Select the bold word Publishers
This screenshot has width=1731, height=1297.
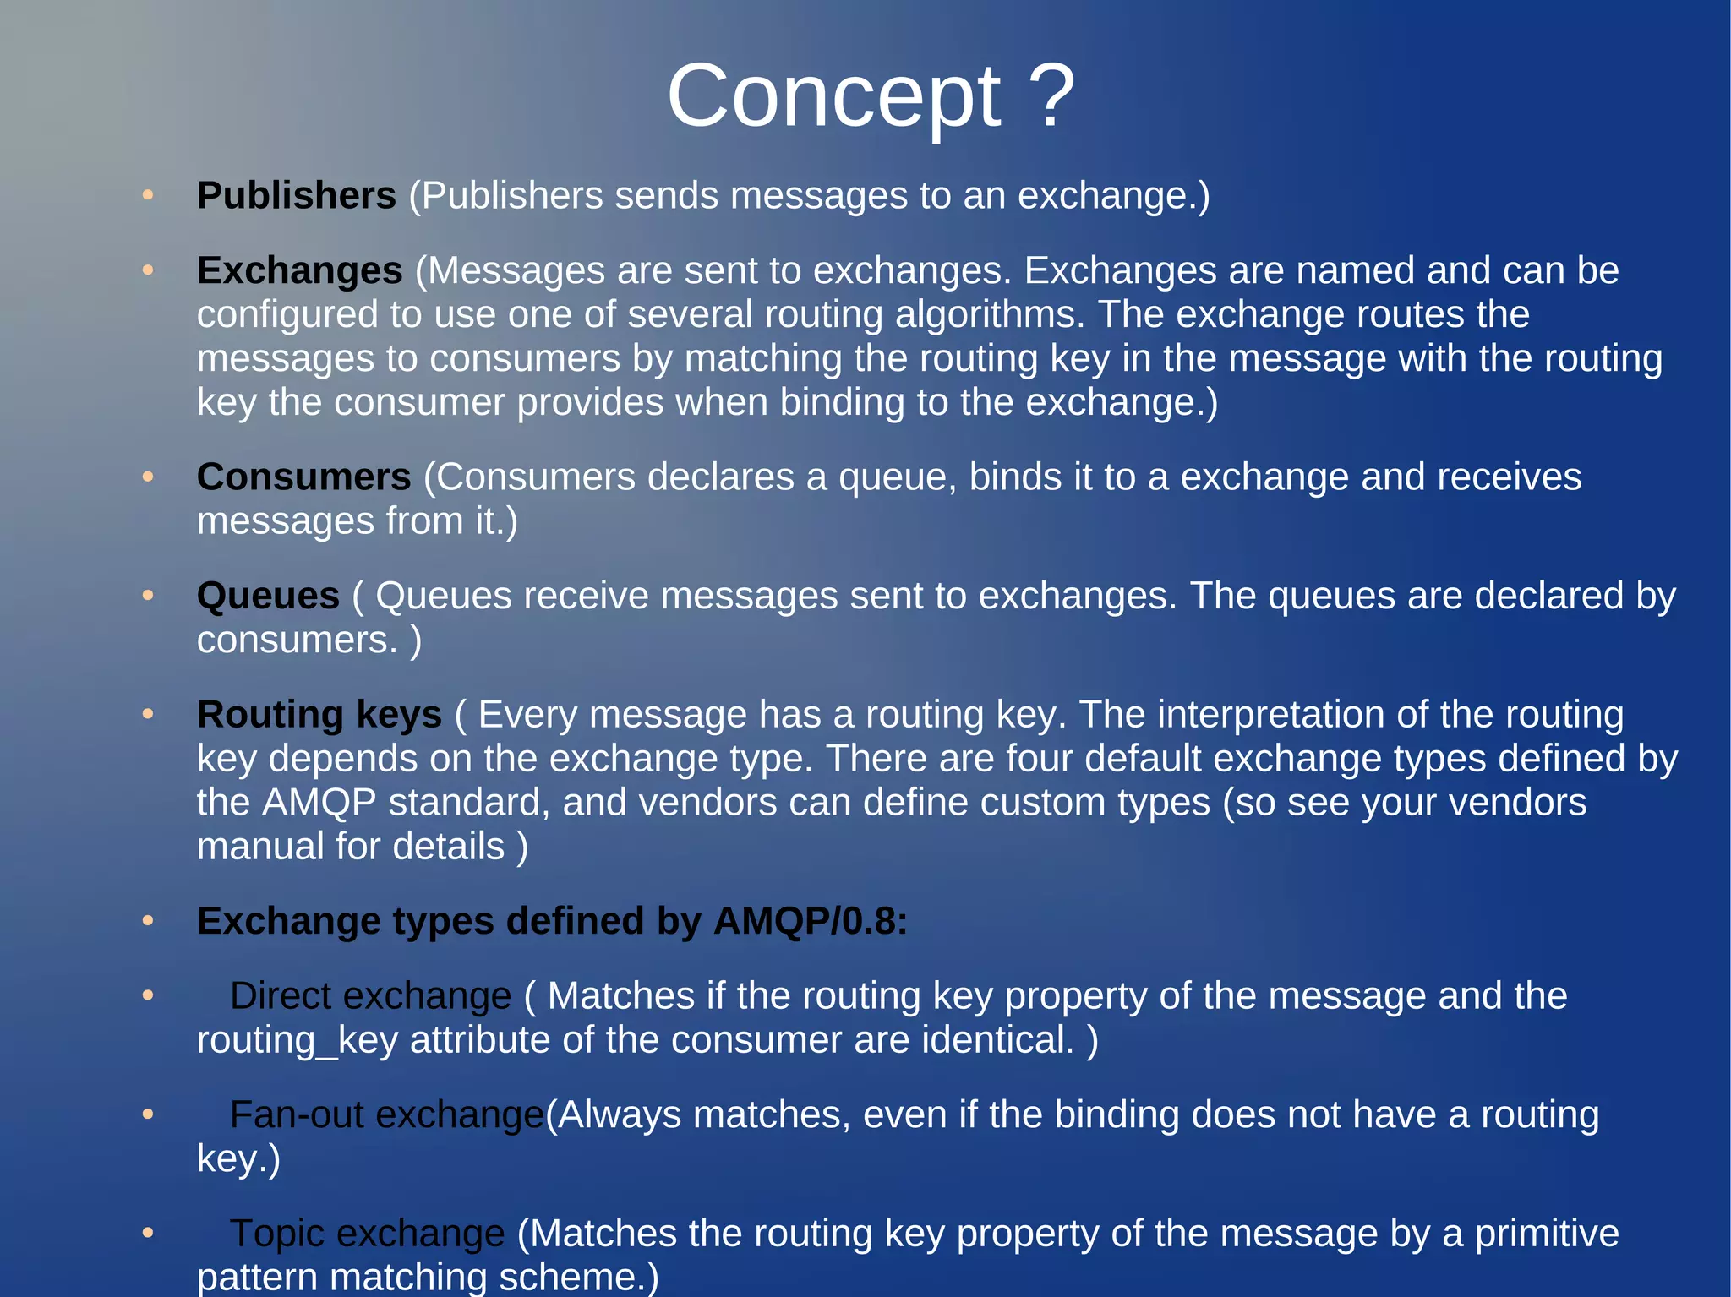click(x=296, y=195)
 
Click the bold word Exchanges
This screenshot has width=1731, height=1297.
click(x=299, y=270)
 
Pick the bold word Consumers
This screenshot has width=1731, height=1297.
click(x=303, y=477)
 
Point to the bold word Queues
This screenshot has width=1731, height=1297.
click(x=268, y=596)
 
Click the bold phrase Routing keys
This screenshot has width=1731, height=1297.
click(x=319, y=715)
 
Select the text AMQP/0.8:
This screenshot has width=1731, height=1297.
click(x=810, y=921)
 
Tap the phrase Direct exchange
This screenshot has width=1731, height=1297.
click(x=370, y=995)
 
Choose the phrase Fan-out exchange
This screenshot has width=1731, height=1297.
click(x=386, y=1114)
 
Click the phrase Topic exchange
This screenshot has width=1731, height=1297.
click(x=367, y=1234)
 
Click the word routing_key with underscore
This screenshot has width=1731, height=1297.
click(x=297, y=1040)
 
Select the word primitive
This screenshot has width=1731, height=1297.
click(x=1546, y=1234)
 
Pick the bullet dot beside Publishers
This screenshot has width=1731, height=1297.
click(x=148, y=195)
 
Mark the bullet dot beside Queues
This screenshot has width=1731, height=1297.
click(x=148, y=596)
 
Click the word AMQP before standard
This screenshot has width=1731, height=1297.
click(x=319, y=803)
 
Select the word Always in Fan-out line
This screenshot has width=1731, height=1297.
click(x=619, y=1114)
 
